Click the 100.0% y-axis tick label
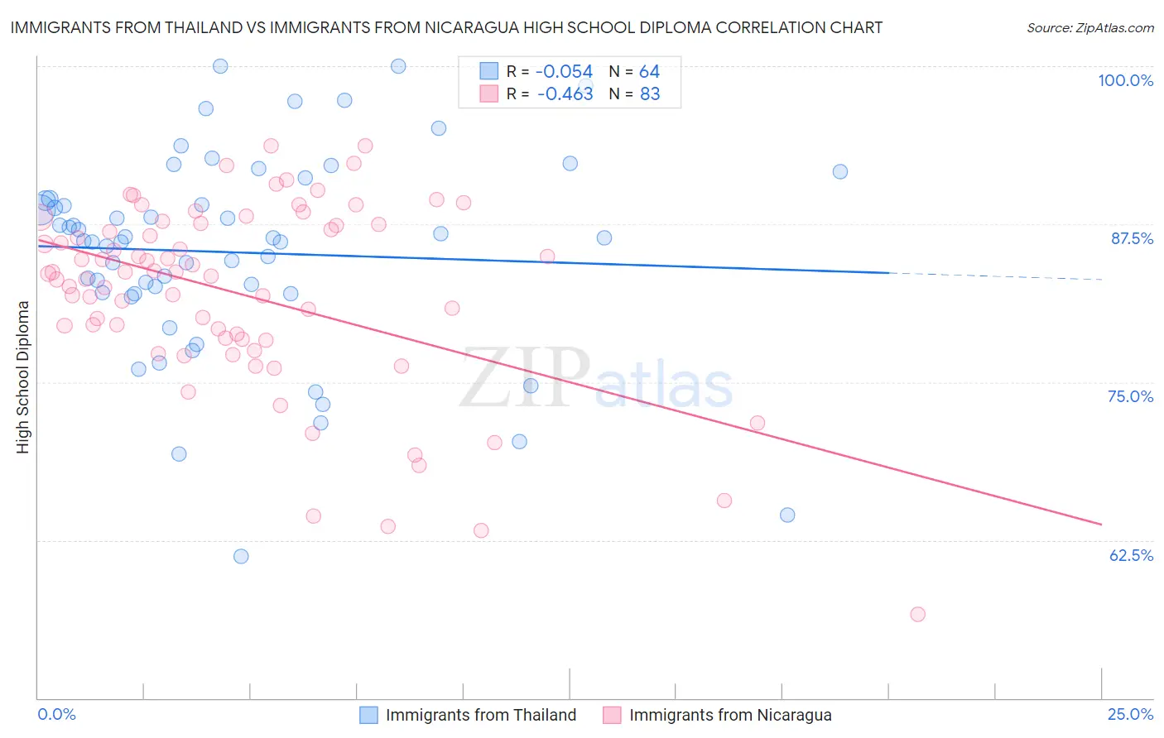(x=1125, y=80)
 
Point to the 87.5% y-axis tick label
(x=1132, y=238)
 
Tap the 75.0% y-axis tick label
(x=1130, y=396)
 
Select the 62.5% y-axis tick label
(x=1131, y=555)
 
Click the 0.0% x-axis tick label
(x=56, y=715)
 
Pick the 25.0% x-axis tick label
(x=1130, y=715)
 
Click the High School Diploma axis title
(x=23, y=376)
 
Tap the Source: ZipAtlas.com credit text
(x=1089, y=28)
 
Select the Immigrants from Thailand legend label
(x=480, y=715)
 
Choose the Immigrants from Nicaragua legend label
(x=730, y=715)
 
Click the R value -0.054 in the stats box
(x=565, y=72)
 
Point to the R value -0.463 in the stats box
(x=565, y=94)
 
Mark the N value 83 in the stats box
(x=650, y=94)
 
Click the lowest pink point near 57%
(x=917, y=614)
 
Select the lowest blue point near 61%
(x=241, y=556)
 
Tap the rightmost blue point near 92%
(x=840, y=171)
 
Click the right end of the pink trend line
(x=1101, y=524)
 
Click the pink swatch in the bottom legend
(x=612, y=715)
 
